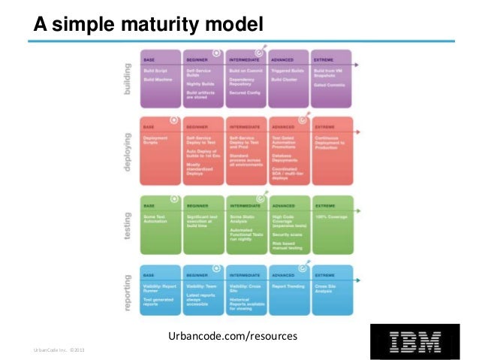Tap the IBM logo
coord(415,340)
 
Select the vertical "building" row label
coord(126,78)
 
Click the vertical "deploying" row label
coord(126,149)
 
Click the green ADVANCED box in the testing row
coord(288,224)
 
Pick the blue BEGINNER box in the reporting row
coord(203,293)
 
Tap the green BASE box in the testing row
coord(160,224)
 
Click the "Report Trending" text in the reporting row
coord(287,286)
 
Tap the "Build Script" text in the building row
coord(155,71)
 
